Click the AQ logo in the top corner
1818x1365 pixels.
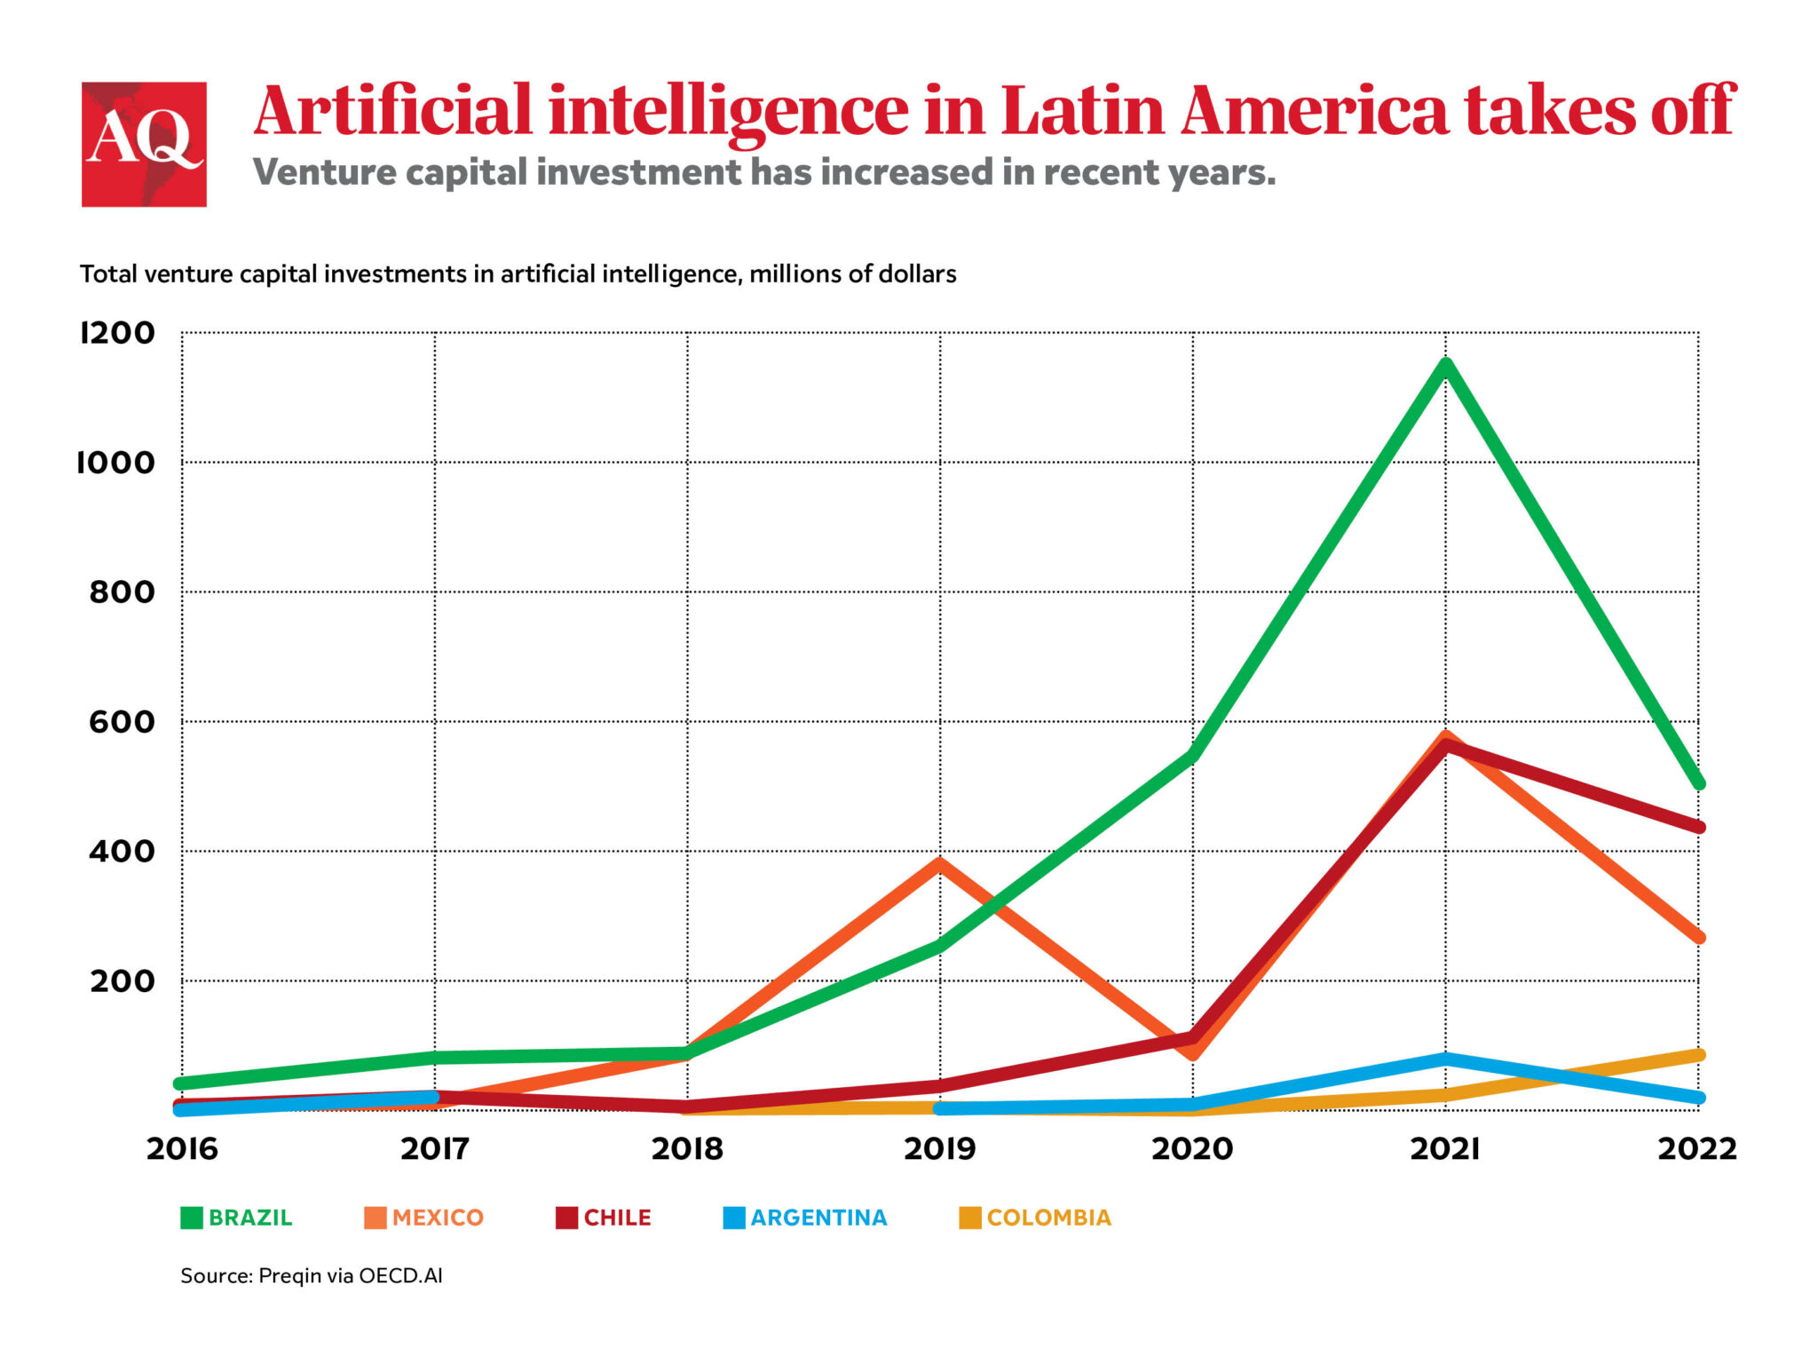tap(144, 144)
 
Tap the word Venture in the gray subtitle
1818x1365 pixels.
tap(324, 172)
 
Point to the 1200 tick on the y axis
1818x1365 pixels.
tap(118, 333)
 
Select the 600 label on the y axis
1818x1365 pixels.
tap(122, 722)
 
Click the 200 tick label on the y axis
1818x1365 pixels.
tap(122, 981)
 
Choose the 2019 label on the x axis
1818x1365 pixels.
tap(939, 1149)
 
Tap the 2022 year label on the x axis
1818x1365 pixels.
tap(1696, 1149)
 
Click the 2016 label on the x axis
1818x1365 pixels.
tap(182, 1149)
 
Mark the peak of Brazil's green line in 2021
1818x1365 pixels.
tap(1446, 364)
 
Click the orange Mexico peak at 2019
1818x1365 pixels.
tap(940, 861)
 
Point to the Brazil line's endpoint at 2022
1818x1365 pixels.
tap(1698, 784)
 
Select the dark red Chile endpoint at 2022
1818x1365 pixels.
tap(1698, 827)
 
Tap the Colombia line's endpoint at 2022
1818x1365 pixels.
tap(1698, 1055)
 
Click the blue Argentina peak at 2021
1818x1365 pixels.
tap(1446, 1059)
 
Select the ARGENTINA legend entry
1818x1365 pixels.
tap(806, 1218)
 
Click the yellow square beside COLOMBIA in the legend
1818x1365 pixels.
tap(970, 1218)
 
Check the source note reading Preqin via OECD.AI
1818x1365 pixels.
tap(312, 1276)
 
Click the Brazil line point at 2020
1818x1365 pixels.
tap(1193, 756)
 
